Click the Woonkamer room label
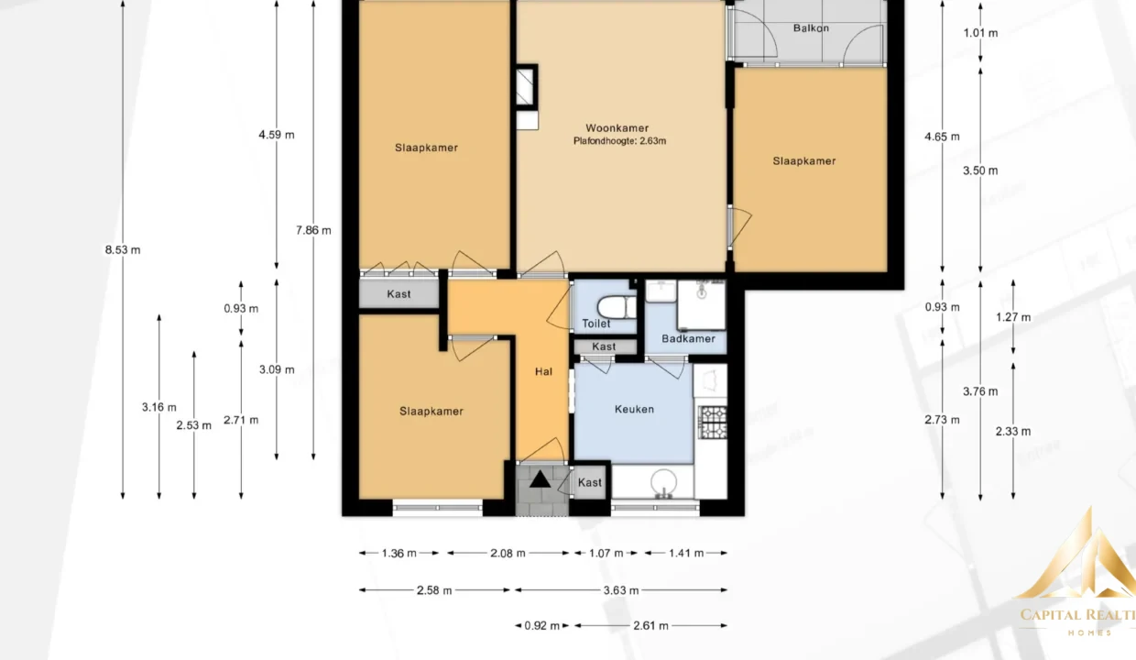coord(617,128)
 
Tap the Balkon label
coord(811,28)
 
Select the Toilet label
coord(595,324)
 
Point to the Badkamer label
coord(688,339)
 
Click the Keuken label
coord(634,410)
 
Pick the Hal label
coord(543,372)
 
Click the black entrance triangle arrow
coord(541,479)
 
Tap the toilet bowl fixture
coord(617,307)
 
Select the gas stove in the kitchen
coord(712,422)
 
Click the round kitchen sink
coord(663,482)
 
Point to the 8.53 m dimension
coord(123,250)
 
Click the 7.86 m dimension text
coord(313,231)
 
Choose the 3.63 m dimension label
coord(621,590)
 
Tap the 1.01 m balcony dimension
coord(980,34)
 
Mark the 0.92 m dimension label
coord(541,626)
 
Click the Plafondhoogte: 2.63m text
coord(619,141)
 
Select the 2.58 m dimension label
coord(434,590)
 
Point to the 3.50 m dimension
coord(980,171)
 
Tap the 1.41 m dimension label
coord(685,554)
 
